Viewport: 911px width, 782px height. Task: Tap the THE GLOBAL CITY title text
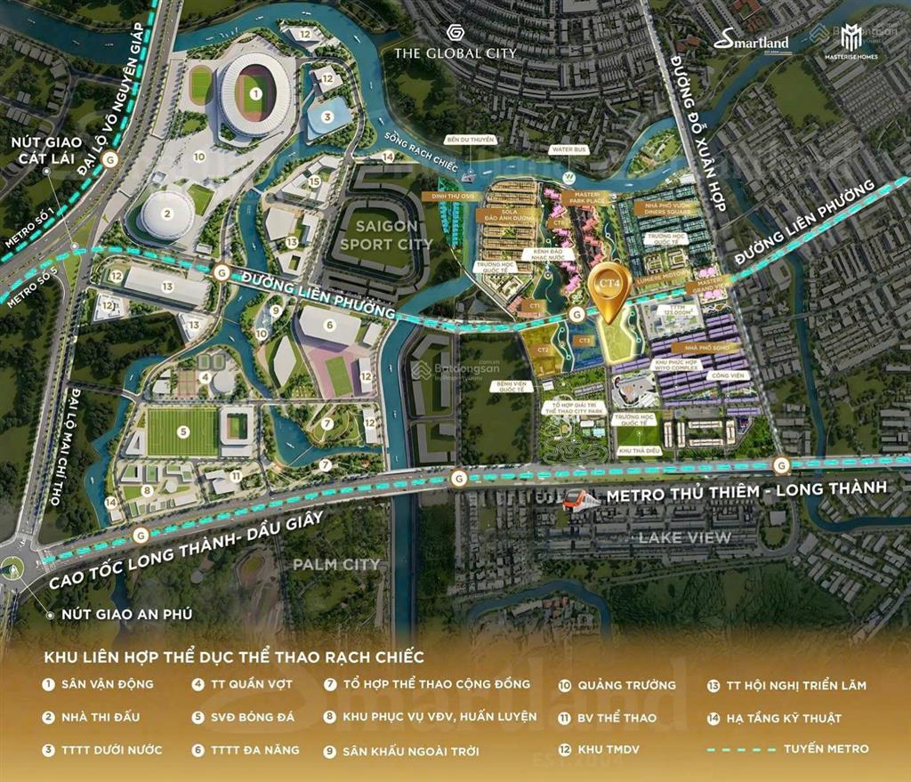(455, 52)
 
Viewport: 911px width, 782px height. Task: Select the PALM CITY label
(337, 564)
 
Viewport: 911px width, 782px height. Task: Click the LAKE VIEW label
(683, 536)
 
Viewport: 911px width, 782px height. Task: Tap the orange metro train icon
(580, 499)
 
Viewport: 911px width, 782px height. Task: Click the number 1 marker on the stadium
(255, 93)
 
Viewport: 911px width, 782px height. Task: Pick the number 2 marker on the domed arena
(166, 213)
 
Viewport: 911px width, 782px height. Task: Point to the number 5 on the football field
(182, 431)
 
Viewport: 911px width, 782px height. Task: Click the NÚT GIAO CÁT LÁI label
(47, 150)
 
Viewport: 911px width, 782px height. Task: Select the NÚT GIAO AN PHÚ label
(126, 614)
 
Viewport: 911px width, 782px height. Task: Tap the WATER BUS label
(568, 149)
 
